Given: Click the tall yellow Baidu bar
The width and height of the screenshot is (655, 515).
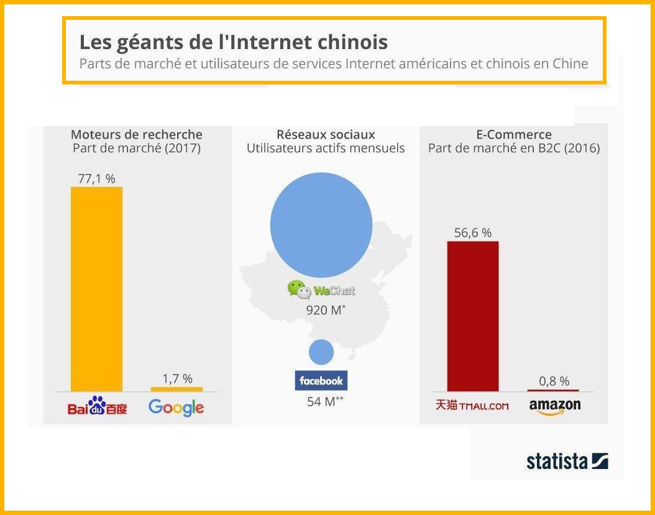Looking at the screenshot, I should tap(96, 289).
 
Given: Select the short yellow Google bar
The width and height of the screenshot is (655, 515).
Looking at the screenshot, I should tap(176, 389).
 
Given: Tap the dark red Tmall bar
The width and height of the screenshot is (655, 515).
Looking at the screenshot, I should tap(473, 316).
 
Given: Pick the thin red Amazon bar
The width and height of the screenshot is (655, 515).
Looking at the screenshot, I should tap(553, 390).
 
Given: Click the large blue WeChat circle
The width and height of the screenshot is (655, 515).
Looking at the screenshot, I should tap(321, 224).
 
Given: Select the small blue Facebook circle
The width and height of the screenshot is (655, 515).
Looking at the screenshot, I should tap(321, 352).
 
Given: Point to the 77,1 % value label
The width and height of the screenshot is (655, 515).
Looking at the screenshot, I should tap(96, 179).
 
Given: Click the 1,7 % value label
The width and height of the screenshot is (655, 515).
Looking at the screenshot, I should tap(177, 378).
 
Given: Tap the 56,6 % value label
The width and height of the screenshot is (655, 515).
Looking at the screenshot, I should tap(473, 233).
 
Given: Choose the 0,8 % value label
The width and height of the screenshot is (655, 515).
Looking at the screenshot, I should tap(553, 381).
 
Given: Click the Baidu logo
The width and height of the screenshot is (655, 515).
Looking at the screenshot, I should tap(97, 406).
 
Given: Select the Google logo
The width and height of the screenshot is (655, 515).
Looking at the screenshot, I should tap(176, 408).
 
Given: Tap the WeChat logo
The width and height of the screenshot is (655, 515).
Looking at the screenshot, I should tap(321, 289).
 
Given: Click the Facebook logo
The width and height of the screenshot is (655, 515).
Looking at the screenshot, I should tap(321, 380).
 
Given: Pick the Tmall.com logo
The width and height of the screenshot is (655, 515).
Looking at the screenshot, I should tap(472, 405).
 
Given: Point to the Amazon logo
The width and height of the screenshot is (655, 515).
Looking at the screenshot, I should tap(555, 407).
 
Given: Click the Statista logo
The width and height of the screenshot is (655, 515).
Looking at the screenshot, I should tap(567, 461).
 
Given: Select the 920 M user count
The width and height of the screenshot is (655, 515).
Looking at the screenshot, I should tap(326, 309).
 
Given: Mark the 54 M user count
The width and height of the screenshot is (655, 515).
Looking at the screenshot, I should tap(325, 401).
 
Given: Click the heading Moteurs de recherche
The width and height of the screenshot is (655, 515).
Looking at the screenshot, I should tap(137, 135).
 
